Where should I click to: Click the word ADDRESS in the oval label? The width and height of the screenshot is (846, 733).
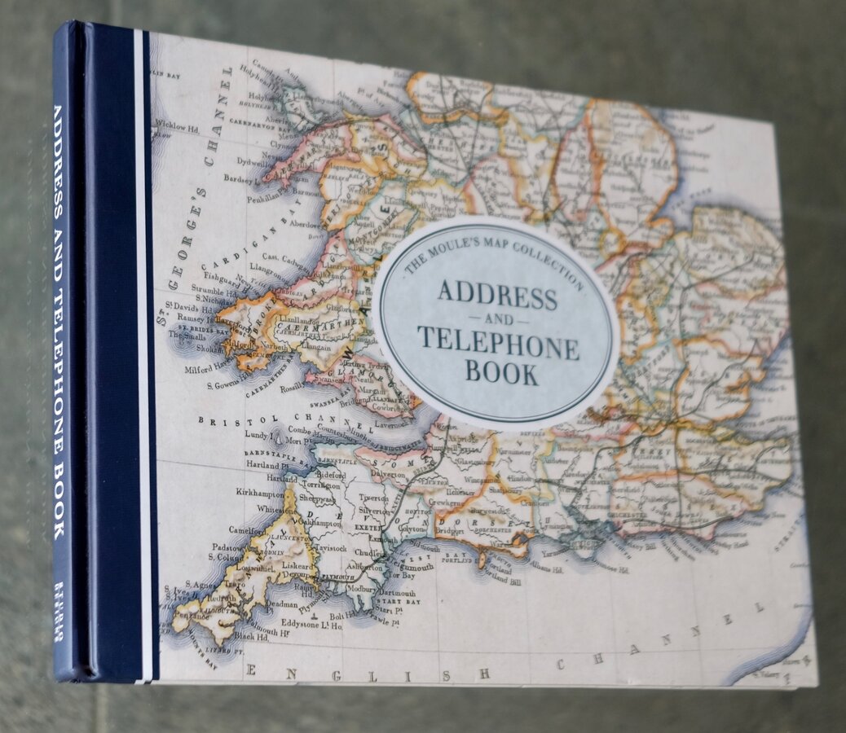click(x=497, y=296)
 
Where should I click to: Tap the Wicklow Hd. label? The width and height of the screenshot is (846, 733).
click(x=180, y=125)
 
